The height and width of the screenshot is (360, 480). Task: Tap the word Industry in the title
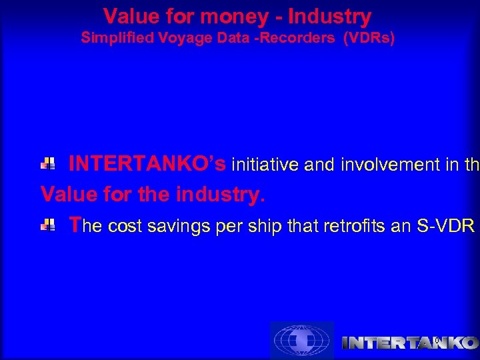point(328,16)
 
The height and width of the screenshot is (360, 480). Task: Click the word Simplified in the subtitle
point(115,38)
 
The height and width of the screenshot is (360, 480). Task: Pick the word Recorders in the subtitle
point(302,38)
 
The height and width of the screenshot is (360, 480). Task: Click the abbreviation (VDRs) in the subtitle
point(369,38)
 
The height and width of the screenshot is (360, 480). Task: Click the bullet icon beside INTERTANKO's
point(49,163)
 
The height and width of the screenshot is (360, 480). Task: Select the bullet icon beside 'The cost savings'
point(49,227)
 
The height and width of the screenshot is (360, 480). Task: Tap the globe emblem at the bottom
point(301,341)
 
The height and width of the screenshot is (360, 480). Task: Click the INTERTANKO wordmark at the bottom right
point(409,343)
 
